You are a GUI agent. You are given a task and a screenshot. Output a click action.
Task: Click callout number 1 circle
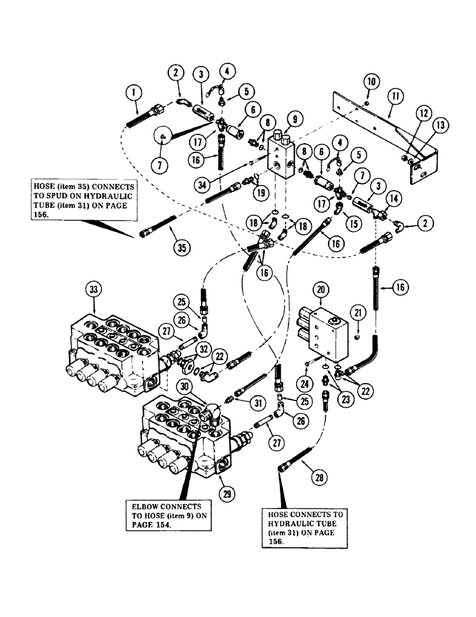pos(131,95)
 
